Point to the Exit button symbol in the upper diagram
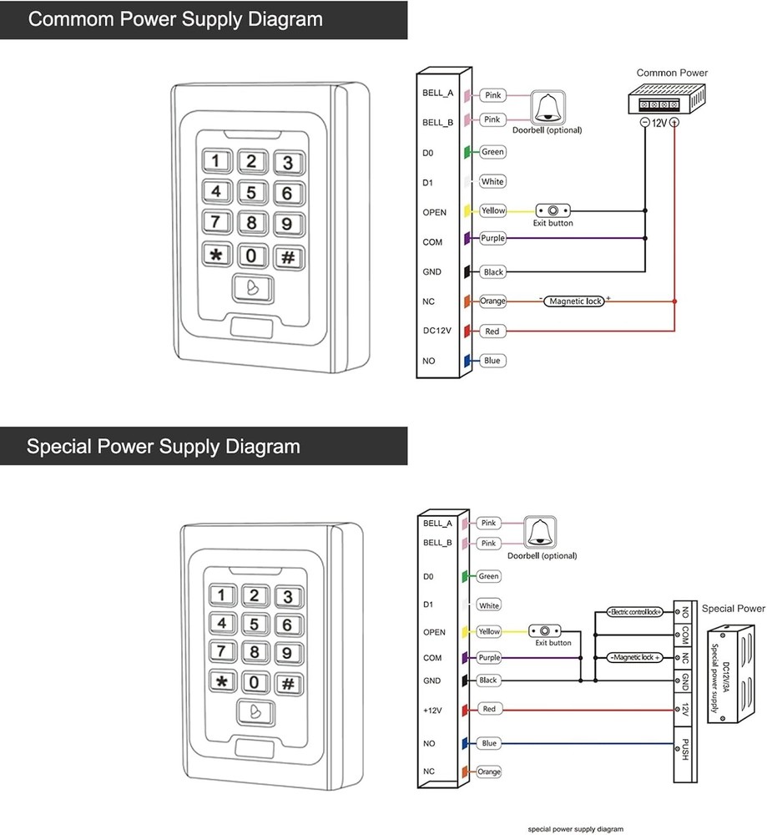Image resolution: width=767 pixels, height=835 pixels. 553,211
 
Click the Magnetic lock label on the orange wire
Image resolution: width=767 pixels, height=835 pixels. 574,301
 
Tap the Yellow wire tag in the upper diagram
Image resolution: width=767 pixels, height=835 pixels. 492,211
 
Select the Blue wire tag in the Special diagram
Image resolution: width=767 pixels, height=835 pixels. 488,743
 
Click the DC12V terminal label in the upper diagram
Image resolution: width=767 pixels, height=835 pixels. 437,331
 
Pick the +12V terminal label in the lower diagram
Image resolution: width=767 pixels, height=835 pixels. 432,711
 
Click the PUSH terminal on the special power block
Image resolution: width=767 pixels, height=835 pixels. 684,747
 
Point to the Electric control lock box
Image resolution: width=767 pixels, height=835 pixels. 636,612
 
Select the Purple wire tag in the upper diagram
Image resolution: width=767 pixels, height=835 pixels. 492,239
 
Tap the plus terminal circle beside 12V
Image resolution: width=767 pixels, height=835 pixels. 674,122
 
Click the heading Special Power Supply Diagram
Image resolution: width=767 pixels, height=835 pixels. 164,446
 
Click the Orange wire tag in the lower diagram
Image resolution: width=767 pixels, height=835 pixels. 489,772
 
